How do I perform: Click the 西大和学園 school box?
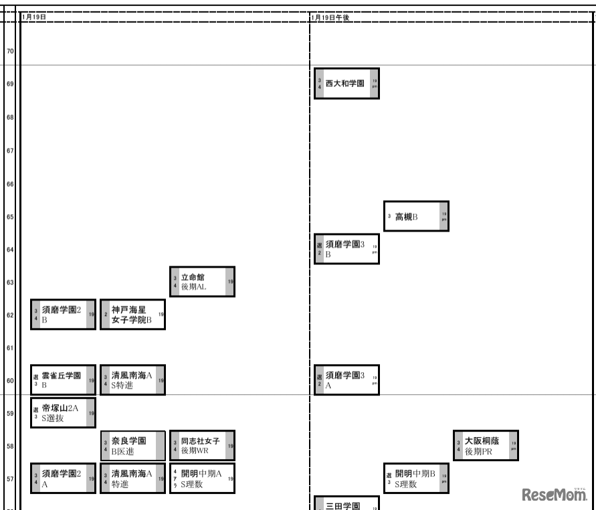346,84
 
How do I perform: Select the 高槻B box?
416,217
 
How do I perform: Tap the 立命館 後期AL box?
202,282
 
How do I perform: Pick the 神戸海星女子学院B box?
132,315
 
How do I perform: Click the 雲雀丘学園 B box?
63,380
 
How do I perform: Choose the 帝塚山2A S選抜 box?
63,412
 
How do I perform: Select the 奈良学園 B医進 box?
132,446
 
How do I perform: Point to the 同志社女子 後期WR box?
202,446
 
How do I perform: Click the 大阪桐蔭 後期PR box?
486,446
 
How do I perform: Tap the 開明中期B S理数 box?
416,479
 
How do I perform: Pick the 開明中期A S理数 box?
202,479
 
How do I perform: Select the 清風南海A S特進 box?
132,380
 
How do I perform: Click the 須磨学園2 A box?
63,479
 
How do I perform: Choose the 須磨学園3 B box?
346,249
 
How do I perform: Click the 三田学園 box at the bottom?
346,504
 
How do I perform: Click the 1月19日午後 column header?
330,17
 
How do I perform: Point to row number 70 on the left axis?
10,51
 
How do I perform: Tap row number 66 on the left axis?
10,184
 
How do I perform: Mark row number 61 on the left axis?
10,348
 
